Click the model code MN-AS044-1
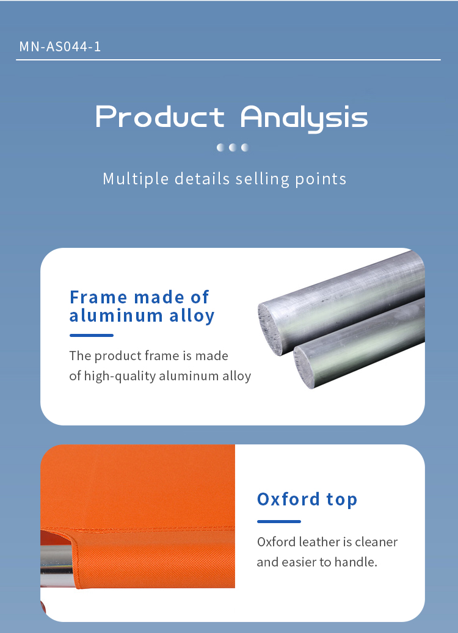(x=60, y=47)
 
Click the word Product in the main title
(x=160, y=117)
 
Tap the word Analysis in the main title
(x=304, y=118)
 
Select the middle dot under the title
(x=232, y=147)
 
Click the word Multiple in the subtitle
(x=136, y=179)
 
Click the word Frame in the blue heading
(x=98, y=297)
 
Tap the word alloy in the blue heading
(x=192, y=316)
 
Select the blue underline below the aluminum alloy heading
(x=92, y=335)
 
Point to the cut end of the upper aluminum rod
(x=270, y=328)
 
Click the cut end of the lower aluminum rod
(x=304, y=367)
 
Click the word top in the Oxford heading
(x=342, y=500)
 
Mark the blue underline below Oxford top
(x=279, y=521)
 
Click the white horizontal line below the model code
(x=228, y=60)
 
